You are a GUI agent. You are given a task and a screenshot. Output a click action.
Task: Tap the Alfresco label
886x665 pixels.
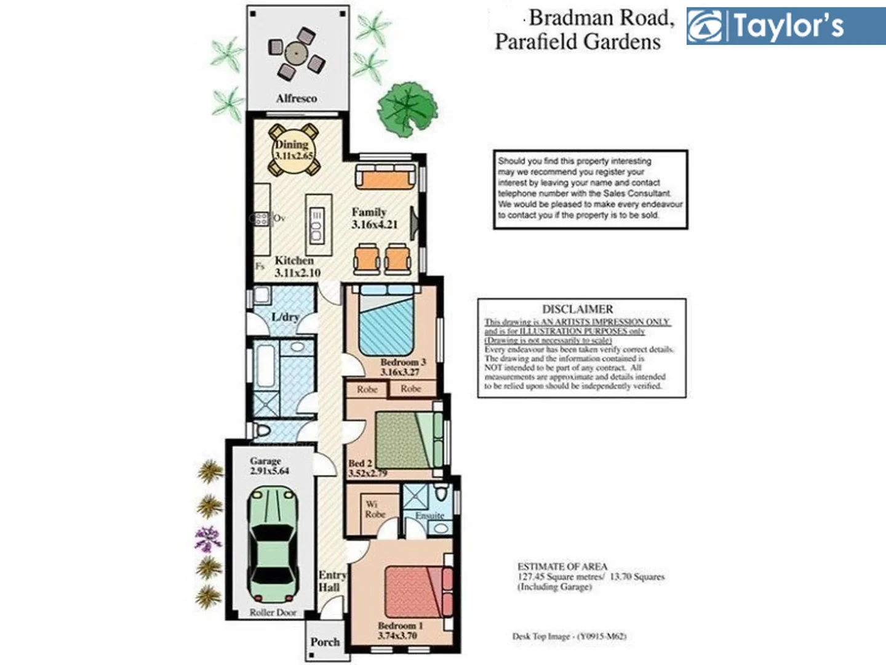pyautogui.click(x=296, y=99)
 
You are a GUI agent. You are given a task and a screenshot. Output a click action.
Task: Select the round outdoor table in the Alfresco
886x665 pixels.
pyautogui.click(x=296, y=54)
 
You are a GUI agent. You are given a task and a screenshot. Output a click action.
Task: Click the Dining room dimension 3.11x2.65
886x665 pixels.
pyautogui.click(x=293, y=156)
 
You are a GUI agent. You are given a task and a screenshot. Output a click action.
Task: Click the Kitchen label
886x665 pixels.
pyautogui.click(x=293, y=260)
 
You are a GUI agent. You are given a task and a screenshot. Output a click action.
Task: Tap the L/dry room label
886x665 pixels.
pyautogui.click(x=285, y=317)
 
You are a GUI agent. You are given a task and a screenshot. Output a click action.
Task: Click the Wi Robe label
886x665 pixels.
pyautogui.click(x=375, y=509)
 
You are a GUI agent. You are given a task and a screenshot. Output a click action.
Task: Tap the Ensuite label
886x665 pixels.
pyautogui.click(x=429, y=515)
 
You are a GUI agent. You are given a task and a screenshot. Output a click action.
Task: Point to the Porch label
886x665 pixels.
pyautogui.click(x=325, y=642)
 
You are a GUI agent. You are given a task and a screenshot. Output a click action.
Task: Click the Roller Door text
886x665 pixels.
pyautogui.click(x=273, y=613)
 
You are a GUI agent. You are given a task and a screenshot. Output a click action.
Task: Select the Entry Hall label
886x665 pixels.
pyautogui.click(x=332, y=581)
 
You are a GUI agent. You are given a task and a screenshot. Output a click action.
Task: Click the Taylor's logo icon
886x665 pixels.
pyautogui.click(x=706, y=26)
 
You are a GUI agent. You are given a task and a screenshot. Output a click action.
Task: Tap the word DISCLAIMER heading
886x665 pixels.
pyautogui.click(x=577, y=309)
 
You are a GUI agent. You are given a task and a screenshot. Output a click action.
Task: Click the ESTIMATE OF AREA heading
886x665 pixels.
pyautogui.click(x=562, y=566)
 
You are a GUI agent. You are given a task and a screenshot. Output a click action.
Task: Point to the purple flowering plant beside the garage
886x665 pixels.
pyautogui.click(x=208, y=539)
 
